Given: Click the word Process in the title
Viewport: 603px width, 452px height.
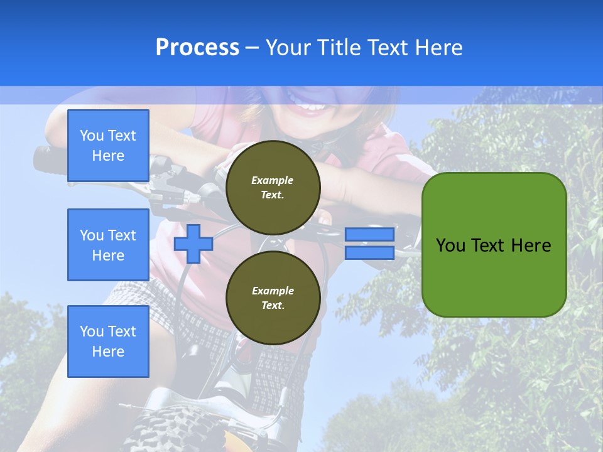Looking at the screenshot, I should coord(197,48).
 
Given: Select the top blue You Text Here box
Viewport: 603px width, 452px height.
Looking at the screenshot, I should coord(108,146).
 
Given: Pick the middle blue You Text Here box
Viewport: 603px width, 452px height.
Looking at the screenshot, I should coord(108,245).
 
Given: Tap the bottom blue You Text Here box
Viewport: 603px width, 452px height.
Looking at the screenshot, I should coord(108,342).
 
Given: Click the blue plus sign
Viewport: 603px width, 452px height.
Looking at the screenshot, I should coord(193,244).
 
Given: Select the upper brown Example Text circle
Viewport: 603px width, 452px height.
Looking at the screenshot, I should coord(273,188).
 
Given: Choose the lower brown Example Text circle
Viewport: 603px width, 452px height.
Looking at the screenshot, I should coord(273,298).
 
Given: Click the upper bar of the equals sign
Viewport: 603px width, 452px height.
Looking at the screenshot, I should coord(369,234).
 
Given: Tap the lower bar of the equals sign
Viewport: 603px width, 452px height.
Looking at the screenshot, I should coord(369,253).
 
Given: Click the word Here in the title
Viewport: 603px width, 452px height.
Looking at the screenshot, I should coord(438,48).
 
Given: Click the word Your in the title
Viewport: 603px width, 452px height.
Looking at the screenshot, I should coord(286,48).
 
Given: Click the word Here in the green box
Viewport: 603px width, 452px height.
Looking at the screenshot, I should coord(531,245).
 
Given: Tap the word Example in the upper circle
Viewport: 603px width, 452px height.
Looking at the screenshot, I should coord(273,180).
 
